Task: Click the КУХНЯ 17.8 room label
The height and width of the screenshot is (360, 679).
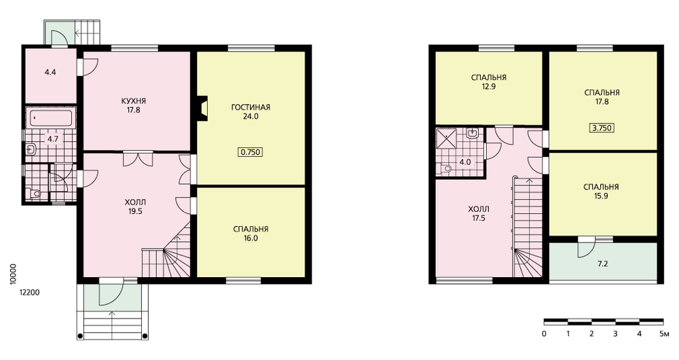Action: click(134, 105)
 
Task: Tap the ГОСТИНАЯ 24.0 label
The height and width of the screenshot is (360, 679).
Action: click(251, 111)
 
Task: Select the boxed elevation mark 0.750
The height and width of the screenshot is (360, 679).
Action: click(251, 152)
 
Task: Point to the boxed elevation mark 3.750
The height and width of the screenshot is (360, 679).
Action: click(602, 128)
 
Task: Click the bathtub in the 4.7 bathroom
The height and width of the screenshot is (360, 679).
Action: click(51, 118)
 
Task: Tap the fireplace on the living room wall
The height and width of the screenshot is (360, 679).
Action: click(202, 107)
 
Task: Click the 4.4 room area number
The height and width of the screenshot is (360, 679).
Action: click(50, 73)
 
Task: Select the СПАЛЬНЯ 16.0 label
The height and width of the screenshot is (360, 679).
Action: click(251, 234)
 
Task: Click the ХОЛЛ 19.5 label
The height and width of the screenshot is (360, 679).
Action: click(135, 206)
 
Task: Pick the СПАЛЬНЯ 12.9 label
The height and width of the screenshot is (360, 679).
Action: click(489, 82)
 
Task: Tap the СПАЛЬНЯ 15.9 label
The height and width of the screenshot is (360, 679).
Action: click(601, 191)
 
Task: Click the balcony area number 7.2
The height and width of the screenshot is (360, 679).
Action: click(602, 264)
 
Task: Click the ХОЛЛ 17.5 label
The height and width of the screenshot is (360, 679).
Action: click(479, 214)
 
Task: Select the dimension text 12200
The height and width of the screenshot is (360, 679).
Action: click(29, 293)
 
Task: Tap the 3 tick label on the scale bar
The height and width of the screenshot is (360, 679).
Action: click(615, 334)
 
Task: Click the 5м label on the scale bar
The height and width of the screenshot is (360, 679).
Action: click(664, 334)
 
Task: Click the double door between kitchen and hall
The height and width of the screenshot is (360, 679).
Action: click(138, 158)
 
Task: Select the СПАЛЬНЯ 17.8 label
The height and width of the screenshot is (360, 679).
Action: click(602, 97)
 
